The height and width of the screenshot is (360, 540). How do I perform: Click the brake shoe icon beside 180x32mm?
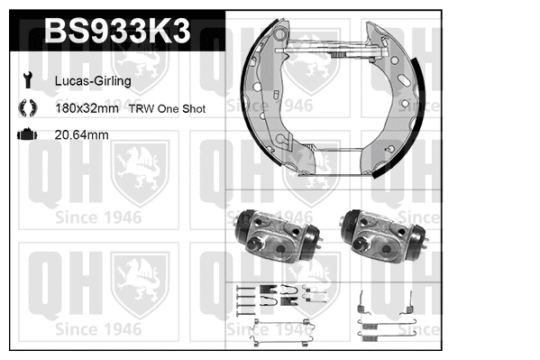click(25, 108)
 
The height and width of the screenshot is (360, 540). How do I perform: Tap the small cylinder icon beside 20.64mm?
click(25, 134)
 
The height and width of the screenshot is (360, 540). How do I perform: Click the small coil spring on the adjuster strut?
click(339, 55)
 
